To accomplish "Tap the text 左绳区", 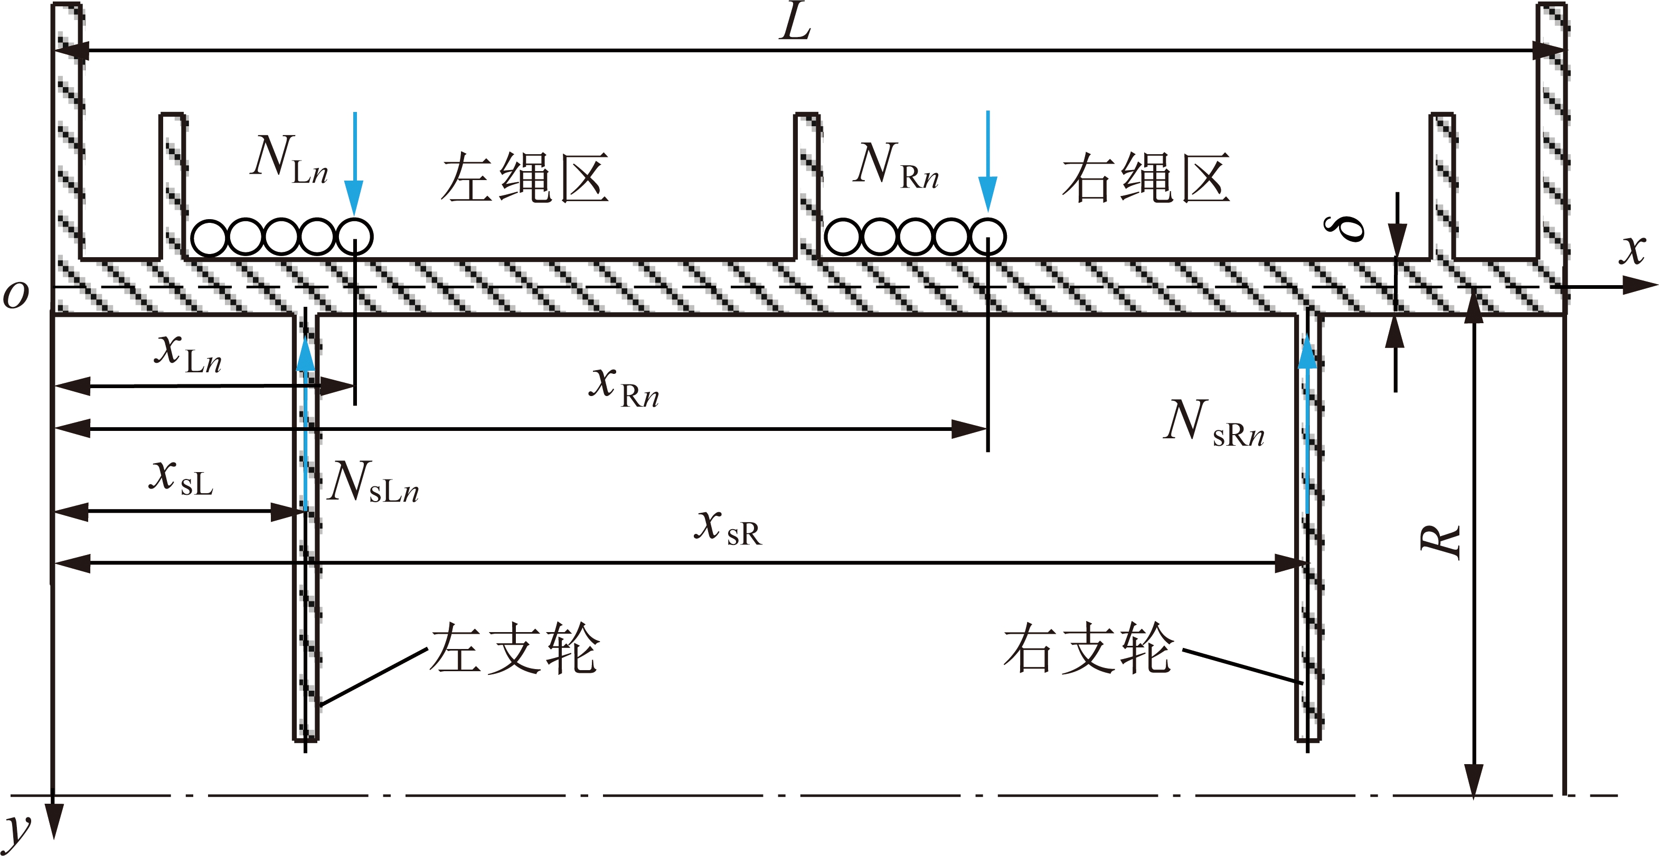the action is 525,178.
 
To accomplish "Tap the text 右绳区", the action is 1146,178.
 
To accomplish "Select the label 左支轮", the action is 515,648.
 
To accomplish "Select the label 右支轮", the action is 1088,648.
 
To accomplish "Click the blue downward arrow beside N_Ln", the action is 354,164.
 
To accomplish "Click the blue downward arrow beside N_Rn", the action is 988,161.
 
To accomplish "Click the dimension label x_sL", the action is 181,477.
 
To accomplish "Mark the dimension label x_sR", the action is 728,527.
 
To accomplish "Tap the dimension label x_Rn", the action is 624,387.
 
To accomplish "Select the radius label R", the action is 1441,541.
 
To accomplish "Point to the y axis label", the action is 18,831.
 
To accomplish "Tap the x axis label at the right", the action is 1633,249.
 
